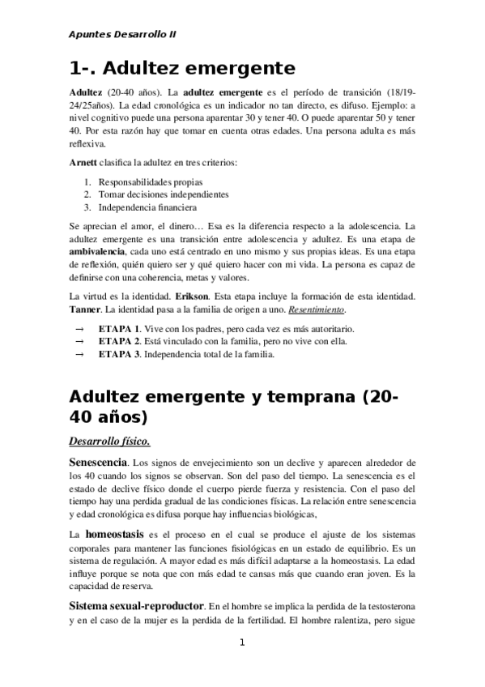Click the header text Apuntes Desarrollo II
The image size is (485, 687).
coord(123,35)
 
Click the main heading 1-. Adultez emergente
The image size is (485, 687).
coord(182,67)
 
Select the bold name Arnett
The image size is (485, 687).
coord(86,163)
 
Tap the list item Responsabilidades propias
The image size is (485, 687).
coord(151,181)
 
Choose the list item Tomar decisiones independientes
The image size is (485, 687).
coord(164,194)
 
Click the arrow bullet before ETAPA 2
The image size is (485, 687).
coord(79,341)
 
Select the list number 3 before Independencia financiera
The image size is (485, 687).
coord(87,207)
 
